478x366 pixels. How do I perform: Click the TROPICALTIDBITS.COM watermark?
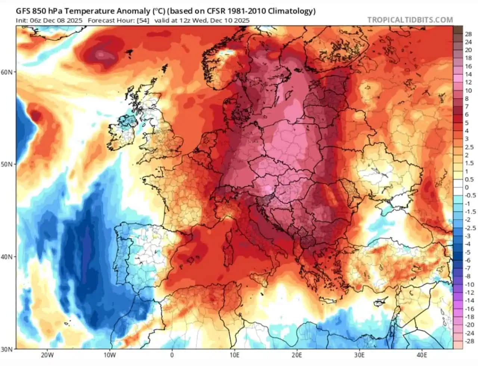(410, 20)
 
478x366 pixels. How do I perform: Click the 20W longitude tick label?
(47, 355)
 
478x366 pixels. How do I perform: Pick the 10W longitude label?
(109, 355)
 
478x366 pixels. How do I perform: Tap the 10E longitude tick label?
(234, 355)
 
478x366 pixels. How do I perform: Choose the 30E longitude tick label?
(359, 355)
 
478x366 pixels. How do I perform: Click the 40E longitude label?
(422, 355)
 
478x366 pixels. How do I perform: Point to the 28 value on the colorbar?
(468, 34)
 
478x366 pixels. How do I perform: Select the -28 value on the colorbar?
(470, 341)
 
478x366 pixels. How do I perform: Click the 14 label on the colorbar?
(468, 74)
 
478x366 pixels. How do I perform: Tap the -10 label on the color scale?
(470, 285)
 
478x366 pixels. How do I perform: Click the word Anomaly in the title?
(129, 11)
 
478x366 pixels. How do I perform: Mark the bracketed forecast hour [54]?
(143, 21)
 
